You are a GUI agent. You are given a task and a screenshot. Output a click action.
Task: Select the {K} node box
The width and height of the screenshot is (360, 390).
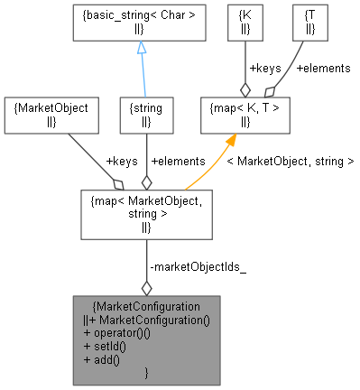242,22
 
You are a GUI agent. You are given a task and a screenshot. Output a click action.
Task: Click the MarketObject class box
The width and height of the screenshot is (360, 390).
51,113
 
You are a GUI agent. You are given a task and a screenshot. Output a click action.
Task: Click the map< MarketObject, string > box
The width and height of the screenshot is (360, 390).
145,213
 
